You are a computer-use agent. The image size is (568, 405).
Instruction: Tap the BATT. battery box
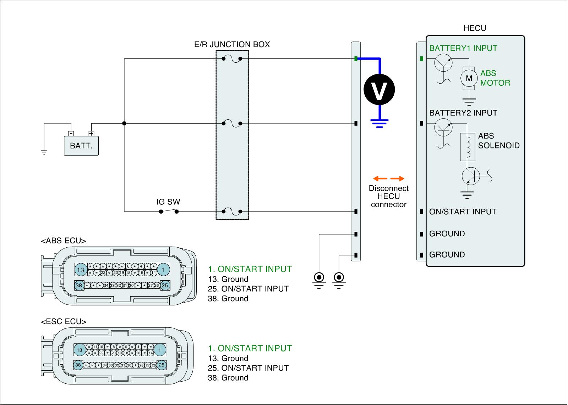click(81, 146)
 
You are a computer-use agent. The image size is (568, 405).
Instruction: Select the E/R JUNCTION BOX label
click(232, 45)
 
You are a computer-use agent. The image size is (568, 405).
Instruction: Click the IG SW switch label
click(168, 202)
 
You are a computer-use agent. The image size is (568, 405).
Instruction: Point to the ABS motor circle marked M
click(469, 78)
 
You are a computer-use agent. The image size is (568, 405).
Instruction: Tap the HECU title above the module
click(475, 28)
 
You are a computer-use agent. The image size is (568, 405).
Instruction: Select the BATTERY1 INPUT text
click(463, 49)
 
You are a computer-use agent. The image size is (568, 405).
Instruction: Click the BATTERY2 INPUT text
click(463, 113)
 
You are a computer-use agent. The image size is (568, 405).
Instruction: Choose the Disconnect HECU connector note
click(389, 196)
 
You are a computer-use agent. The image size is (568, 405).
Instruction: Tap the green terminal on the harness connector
click(356, 58)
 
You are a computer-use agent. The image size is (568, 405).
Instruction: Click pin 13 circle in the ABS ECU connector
click(81, 270)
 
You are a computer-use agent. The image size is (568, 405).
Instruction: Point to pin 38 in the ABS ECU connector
click(79, 285)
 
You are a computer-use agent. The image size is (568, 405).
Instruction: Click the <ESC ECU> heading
click(64, 322)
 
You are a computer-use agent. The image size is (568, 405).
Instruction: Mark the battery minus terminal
click(71, 134)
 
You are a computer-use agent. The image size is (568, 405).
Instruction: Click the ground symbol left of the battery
click(44, 153)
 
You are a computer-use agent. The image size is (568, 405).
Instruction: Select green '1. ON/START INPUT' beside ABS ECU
click(250, 269)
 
